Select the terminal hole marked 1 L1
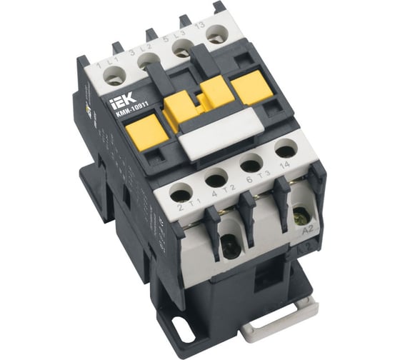point(114,79)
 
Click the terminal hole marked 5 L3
point(181,51)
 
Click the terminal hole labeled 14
point(284,151)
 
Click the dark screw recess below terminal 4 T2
point(229,246)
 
